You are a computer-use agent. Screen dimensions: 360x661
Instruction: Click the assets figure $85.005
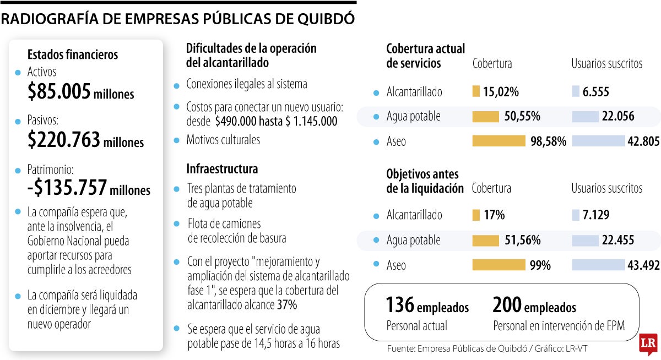[x=59, y=92]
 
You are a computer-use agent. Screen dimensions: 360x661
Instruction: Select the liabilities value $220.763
[x=64, y=140]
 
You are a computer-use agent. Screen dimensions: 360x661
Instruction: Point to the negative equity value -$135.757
[x=67, y=188]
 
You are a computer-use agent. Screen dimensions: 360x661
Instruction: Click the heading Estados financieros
[x=73, y=54]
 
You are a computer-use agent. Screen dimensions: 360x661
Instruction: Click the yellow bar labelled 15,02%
[x=476, y=91]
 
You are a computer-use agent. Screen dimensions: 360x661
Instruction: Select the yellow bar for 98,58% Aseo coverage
[x=499, y=141]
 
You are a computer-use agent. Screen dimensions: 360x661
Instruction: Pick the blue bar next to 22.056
[x=585, y=116]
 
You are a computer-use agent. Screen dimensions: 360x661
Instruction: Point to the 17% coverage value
[x=494, y=215]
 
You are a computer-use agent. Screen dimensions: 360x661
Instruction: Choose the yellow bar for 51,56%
[x=485, y=240]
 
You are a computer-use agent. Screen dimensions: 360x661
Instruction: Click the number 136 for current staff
[x=399, y=305]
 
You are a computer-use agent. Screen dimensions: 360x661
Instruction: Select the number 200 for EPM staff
[x=507, y=305]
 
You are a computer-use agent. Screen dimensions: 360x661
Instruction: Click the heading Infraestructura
[x=222, y=168]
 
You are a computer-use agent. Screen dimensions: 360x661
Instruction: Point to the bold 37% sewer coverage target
[x=286, y=304]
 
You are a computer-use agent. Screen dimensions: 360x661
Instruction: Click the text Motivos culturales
[x=223, y=140]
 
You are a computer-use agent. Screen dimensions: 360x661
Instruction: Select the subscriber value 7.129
[x=595, y=215]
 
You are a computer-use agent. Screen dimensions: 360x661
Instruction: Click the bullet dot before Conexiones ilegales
[x=176, y=86]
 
